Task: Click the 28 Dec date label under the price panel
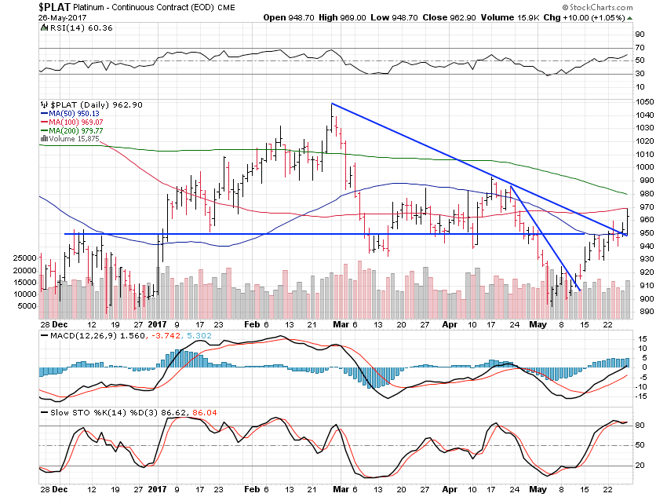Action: (53, 323)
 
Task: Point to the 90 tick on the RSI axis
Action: (639, 35)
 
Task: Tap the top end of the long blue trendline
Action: (332, 104)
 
